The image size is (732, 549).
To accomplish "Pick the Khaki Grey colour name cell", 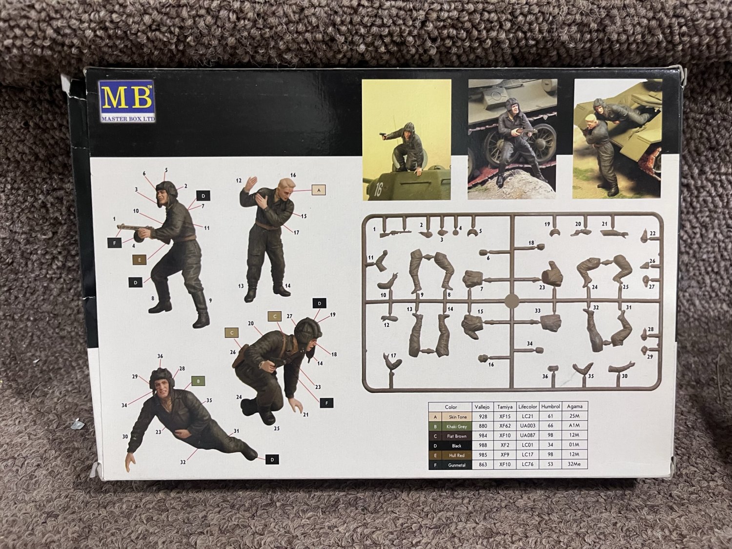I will pos(457,427).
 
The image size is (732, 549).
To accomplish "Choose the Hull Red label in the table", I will pos(457,455).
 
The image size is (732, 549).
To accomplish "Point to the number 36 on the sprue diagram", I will pos(545,376).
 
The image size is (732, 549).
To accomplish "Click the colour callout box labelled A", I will pos(318,190).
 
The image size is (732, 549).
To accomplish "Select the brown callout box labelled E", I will pos(140,260).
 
